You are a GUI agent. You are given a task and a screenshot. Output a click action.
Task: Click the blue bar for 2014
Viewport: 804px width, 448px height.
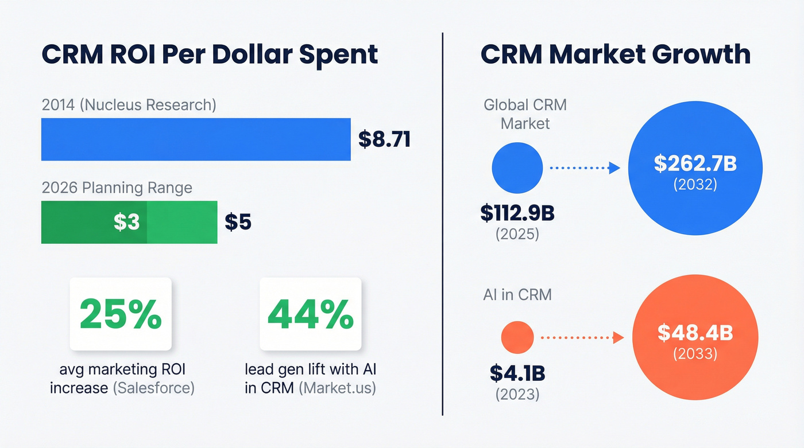click(x=195, y=139)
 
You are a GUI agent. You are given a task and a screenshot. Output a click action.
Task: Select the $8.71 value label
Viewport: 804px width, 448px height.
click(x=384, y=139)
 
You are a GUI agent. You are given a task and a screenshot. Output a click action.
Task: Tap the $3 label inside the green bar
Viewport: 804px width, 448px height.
click(x=126, y=222)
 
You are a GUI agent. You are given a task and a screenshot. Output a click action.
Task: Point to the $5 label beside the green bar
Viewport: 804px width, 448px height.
click(x=238, y=222)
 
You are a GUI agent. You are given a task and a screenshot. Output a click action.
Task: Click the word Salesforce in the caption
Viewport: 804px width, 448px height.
click(x=153, y=388)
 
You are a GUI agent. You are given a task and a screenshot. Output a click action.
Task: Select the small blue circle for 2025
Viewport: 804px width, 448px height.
click(x=517, y=167)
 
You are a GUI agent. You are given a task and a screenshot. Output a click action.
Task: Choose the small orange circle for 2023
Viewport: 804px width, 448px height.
click(x=517, y=337)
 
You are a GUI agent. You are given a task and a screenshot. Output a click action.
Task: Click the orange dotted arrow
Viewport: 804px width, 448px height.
click(x=581, y=338)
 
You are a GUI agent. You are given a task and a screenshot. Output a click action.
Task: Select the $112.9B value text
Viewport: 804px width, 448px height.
click(x=517, y=213)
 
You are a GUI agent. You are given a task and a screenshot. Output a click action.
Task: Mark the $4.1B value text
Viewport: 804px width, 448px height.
click(x=517, y=373)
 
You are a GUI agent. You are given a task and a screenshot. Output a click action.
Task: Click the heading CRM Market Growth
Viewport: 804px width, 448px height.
click(x=615, y=54)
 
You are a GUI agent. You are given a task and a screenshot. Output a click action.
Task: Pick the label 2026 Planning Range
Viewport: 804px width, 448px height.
click(x=117, y=188)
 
